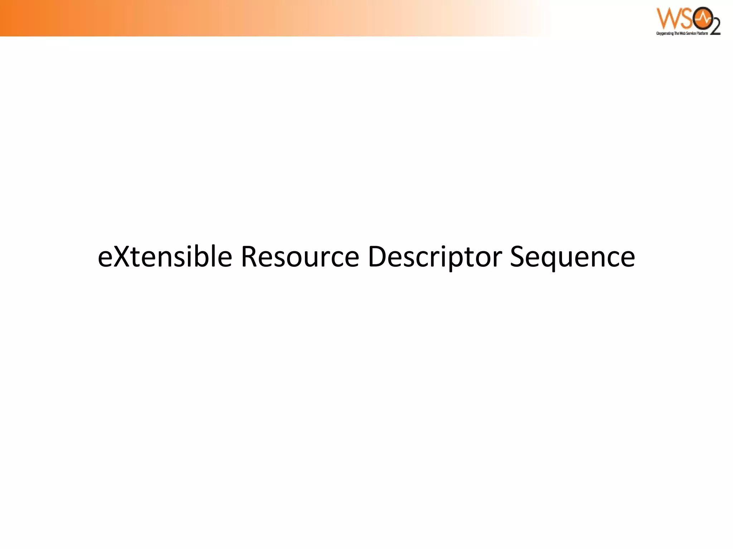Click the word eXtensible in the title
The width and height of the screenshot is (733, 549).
(165, 257)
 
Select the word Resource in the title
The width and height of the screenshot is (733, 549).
(300, 257)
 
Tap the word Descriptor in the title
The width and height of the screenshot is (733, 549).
(435, 257)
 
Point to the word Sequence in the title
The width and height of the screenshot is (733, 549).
(572, 257)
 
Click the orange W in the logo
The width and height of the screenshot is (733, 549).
(666, 19)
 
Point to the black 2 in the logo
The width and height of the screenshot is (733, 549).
(714, 27)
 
